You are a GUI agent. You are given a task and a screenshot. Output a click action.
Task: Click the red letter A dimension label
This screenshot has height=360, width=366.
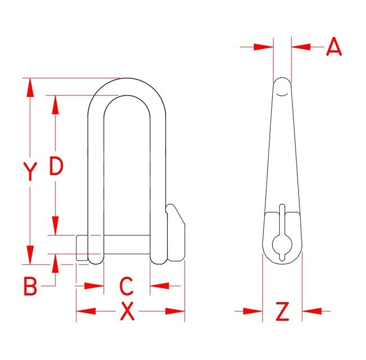coord(334,46)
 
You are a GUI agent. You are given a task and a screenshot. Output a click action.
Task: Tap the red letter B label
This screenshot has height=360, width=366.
coord(30,286)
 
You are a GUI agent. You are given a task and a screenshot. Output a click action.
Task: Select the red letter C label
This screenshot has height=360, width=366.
coord(126,286)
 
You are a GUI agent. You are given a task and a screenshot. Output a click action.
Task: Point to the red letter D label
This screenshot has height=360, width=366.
coord(56,166)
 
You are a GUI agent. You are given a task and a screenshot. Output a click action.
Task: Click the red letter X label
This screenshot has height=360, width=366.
coord(127,311)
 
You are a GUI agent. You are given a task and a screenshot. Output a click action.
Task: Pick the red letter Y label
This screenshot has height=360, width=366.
coord(30,172)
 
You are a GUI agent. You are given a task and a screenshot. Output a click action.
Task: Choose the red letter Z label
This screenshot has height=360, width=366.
coord(283,311)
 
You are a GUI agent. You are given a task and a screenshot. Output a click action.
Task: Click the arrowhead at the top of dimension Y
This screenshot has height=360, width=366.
coord(30,88)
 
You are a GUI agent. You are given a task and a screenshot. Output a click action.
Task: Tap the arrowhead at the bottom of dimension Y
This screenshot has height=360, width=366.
coord(30,255)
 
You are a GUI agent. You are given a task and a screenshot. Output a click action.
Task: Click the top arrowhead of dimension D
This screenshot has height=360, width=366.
coord(55,105)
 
